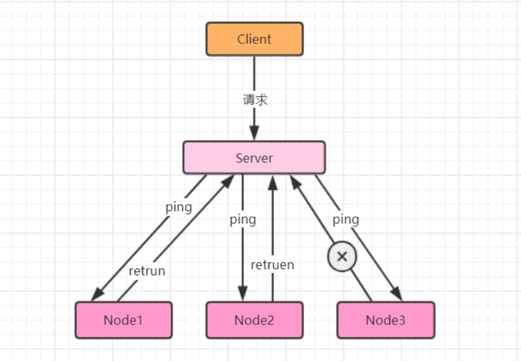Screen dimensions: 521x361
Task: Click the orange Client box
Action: [x=254, y=39]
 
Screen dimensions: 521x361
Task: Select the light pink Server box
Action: [x=254, y=158]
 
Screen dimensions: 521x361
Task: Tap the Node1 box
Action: [x=124, y=320]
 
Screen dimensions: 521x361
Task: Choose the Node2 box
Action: [x=254, y=320]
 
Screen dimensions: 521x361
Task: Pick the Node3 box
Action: [x=386, y=320]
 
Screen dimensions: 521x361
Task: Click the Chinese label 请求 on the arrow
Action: [x=255, y=100]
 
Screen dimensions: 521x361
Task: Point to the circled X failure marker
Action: [x=342, y=257]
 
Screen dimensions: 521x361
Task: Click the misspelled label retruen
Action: [x=272, y=265]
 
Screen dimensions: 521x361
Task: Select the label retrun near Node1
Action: [x=147, y=271]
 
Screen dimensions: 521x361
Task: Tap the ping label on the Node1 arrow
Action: [x=179, y=207]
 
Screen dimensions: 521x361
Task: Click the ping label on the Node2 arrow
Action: [x=243, y=219]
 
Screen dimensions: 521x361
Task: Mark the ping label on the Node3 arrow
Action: [x=346, y=219]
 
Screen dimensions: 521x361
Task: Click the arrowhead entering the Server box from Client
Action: [x=254, y=133]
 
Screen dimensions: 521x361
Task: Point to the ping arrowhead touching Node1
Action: [x=97, y=294]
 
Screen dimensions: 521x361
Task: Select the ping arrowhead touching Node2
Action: [x=242, y=294]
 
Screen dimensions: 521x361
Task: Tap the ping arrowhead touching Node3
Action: [x=396, y=293]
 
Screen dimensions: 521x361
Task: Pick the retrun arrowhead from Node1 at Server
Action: [x=228, y=182]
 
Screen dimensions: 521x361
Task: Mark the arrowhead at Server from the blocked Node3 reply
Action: [x=296, y=182]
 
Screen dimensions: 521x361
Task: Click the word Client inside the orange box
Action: [x=254, y=39]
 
